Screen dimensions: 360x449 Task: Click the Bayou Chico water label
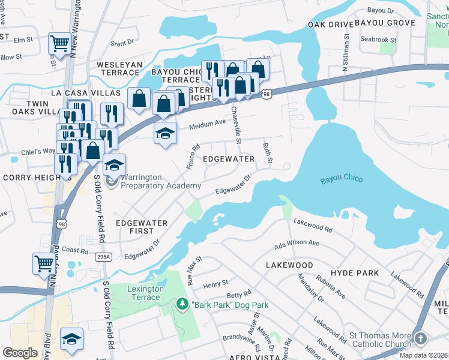coord(341,179)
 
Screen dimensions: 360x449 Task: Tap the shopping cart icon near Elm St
coord(59,43)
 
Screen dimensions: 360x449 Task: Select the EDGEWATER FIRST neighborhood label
coord(142,227)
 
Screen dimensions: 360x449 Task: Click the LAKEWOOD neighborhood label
coord(289,265)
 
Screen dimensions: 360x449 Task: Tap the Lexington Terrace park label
coord(145,293)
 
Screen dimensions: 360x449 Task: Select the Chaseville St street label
coord(236,125)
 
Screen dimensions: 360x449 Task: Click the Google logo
coord(20,353)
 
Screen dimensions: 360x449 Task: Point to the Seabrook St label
coord(378,40)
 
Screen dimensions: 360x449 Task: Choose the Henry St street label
coord(216,283)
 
